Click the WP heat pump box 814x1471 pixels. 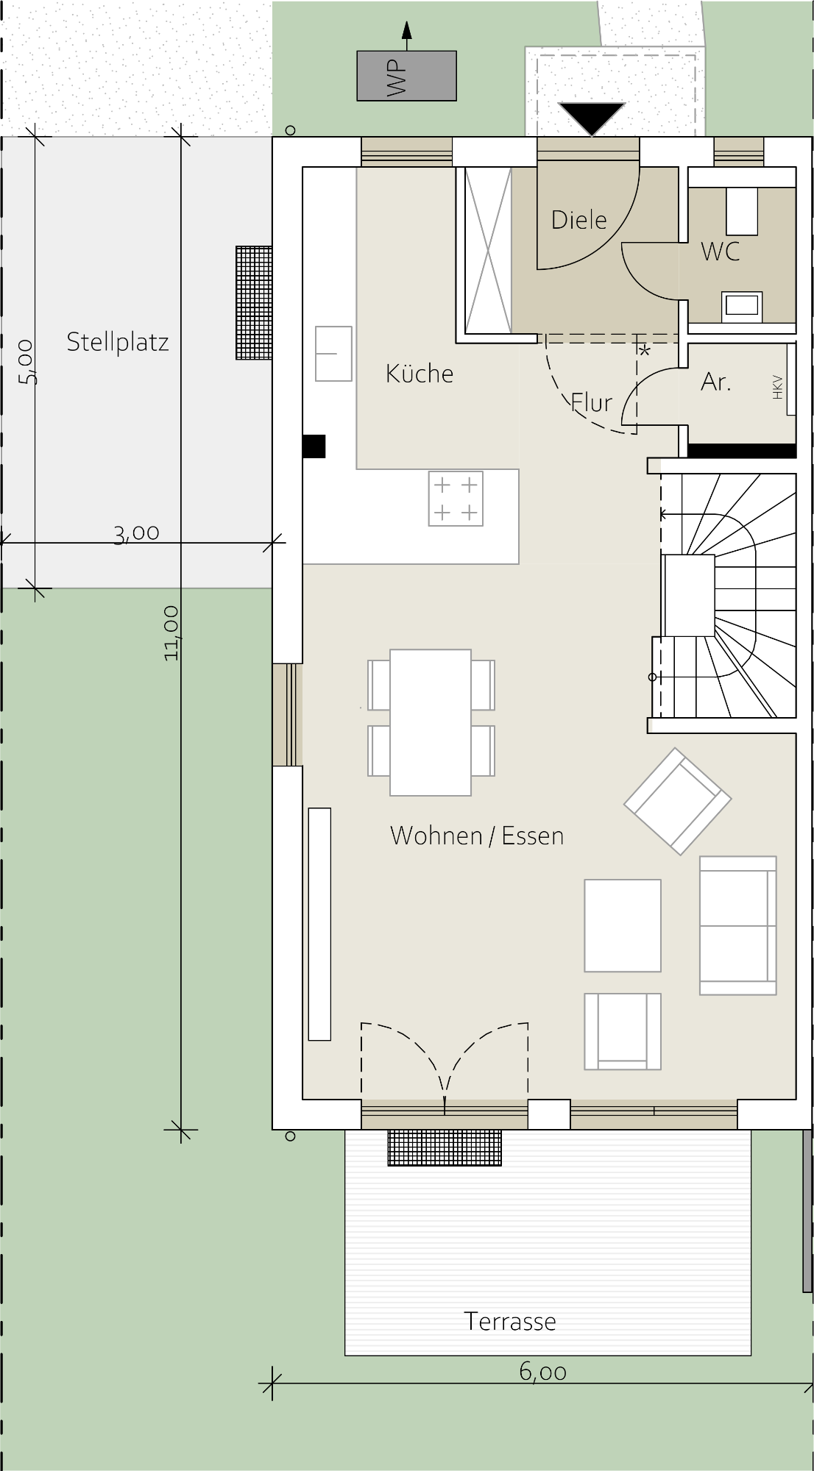pyautogui.click(x=406, y=76)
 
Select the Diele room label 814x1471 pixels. pyautogui.click(x=579, y=219)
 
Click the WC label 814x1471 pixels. pyautogui.click(x=720, y=252)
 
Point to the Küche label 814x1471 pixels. pyautogui.click(x=420, y=373)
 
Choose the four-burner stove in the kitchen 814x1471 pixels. pyautogui.click(x=456, y=499)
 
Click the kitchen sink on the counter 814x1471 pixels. pyautogui.click(x=333, y=354)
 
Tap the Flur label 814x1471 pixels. pyautogui.click(x=592, y=402)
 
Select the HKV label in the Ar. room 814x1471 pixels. pyautogui.click(x=777, y=387)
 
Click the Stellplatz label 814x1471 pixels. pyautogui.click(x=118, y=342)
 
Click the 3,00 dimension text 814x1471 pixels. pyautogui.click(x=137, y=533)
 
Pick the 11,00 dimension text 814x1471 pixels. pyautogui.click(x=171, y=633)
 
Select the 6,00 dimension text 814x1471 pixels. pyautogui.click(x=543, y=1372)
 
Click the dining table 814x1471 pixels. pyautogui.click(x=431, y=722)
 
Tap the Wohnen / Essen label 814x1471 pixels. pyautogui.click(x=477, y=836)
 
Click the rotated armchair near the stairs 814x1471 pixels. pyautogui.click(x=677, y=801)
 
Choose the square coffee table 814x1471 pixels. pyautogui.click(x=623, y=925)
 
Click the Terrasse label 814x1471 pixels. pyautogui.click(x=510, y=1322)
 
